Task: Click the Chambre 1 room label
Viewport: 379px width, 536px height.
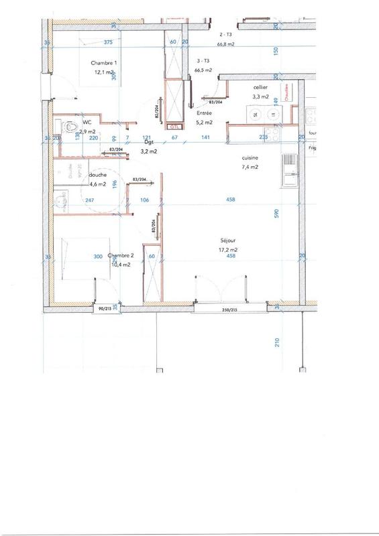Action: [104, 64]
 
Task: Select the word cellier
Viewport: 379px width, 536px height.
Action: [261, 88]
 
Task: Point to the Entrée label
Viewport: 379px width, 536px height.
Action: [203, 114]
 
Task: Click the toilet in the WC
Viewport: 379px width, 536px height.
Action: [70, 126]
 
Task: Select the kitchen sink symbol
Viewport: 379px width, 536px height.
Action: [289, 170]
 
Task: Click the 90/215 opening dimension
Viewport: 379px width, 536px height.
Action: [104, 309]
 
